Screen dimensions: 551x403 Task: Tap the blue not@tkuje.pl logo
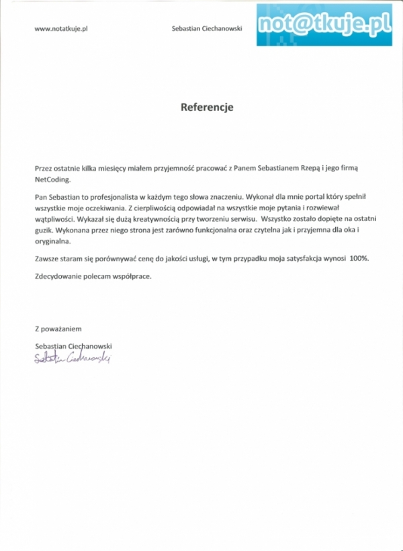[x=324, y=24]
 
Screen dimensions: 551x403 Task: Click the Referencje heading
[x=206, y=107]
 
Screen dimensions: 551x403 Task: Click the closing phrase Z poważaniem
[x=58, y=329]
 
